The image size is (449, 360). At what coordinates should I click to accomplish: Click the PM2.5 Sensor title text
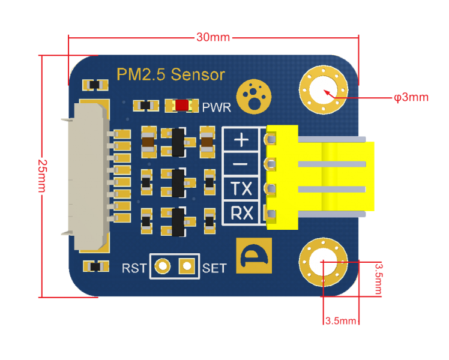click(170, 74)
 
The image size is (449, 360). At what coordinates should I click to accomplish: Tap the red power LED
click(181, 106)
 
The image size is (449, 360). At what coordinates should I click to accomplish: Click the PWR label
click(216, 108)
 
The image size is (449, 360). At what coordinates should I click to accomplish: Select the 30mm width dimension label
click(213, 37)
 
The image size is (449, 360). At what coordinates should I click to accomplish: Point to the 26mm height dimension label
click(43, 175)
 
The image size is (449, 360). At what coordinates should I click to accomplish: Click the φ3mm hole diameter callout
click(411, 97)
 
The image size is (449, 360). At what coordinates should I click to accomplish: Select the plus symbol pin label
click(241, 140)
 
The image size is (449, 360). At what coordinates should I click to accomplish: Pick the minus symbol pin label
click(241, 164)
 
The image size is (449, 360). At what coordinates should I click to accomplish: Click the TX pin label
click(241, 188)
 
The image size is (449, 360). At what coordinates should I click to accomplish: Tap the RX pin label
click(241, 212)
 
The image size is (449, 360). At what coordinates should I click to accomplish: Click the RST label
click(134, 268)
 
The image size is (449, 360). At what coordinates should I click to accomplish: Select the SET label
click(214, 268)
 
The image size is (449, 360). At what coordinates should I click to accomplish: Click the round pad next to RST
click(161, 265)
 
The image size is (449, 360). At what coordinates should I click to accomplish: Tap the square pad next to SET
click(187, 265)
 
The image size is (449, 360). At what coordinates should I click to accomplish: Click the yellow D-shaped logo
click(253, 256)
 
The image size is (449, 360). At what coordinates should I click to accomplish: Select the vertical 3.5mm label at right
click(378, 277)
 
